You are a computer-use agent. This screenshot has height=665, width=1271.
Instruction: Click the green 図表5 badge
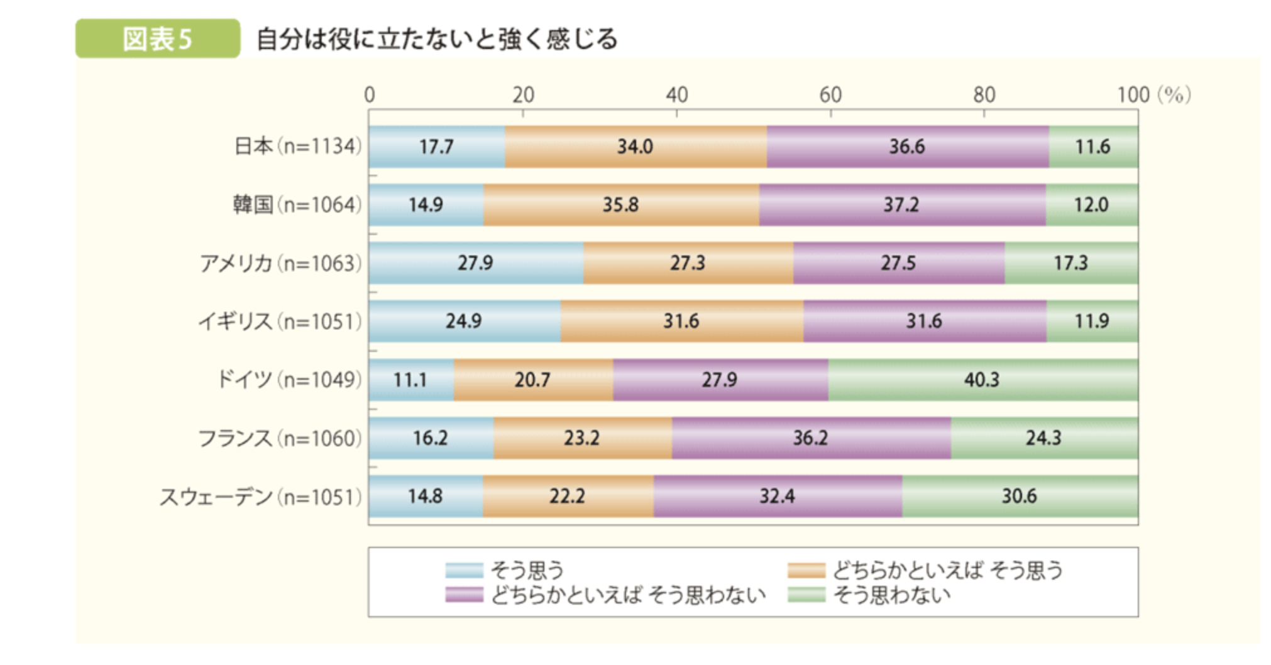[x=157, y=39]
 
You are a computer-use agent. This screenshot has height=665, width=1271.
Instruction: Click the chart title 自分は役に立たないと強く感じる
[x=437, y=39]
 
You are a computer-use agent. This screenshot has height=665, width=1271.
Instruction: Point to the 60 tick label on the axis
[x=830, y=95]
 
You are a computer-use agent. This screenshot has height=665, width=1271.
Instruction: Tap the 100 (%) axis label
[x=1153, y=95]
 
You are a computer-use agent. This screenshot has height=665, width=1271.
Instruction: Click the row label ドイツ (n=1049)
[x=289, y=380]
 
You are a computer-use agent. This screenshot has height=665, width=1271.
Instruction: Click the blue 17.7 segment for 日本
[x=437, y=146]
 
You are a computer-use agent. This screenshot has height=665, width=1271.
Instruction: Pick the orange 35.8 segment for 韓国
[x=621, y=205]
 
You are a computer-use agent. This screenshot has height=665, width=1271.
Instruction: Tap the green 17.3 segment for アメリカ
[x=1071, y=263]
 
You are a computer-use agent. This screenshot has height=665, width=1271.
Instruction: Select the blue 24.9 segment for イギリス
[x=465, y=321]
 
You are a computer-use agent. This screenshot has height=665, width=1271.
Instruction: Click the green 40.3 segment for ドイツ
[x=982, y=380]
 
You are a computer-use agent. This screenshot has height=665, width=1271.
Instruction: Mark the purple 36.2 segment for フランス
[x=811, y=438]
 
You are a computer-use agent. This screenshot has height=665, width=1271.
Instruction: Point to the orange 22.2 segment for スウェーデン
[x=568, y=497]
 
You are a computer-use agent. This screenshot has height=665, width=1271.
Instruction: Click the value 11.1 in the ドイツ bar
[x=410, y=380]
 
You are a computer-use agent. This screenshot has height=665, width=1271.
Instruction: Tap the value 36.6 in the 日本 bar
[x=907, y=146]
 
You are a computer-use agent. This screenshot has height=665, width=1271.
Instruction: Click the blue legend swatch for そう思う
[x=464, y=570]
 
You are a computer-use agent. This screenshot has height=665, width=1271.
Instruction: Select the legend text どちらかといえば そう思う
[x=947, y=570]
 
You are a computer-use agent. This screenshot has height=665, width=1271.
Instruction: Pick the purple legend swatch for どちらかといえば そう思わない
[x=464, y=595]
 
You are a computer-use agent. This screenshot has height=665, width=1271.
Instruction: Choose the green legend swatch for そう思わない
[x=806, y=595]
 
